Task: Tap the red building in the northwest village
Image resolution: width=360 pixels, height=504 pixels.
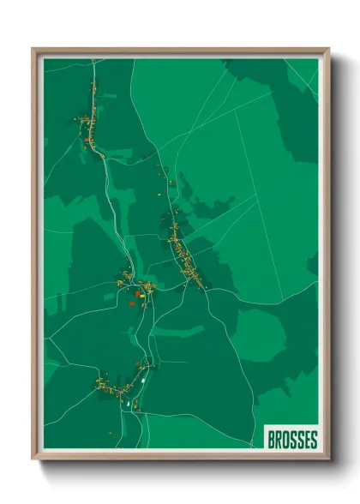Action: [x=87, y=135]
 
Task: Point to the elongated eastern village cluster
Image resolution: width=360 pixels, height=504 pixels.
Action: [x=184, y=253]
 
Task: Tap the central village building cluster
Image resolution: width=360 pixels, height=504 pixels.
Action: [x=137, y=287]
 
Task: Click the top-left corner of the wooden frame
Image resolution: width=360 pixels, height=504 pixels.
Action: [x=33, y=49]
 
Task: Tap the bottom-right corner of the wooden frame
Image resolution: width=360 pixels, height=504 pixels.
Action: [x=328, y=459]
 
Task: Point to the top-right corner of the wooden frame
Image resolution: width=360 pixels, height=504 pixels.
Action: [x=328, y=49]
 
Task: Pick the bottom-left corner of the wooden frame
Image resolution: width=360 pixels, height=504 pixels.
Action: [x=33, y=459]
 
